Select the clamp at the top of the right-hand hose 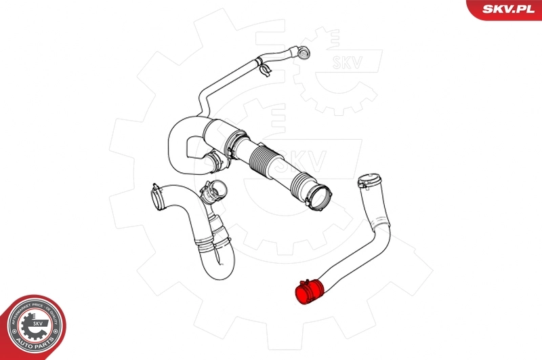(368, 181)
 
